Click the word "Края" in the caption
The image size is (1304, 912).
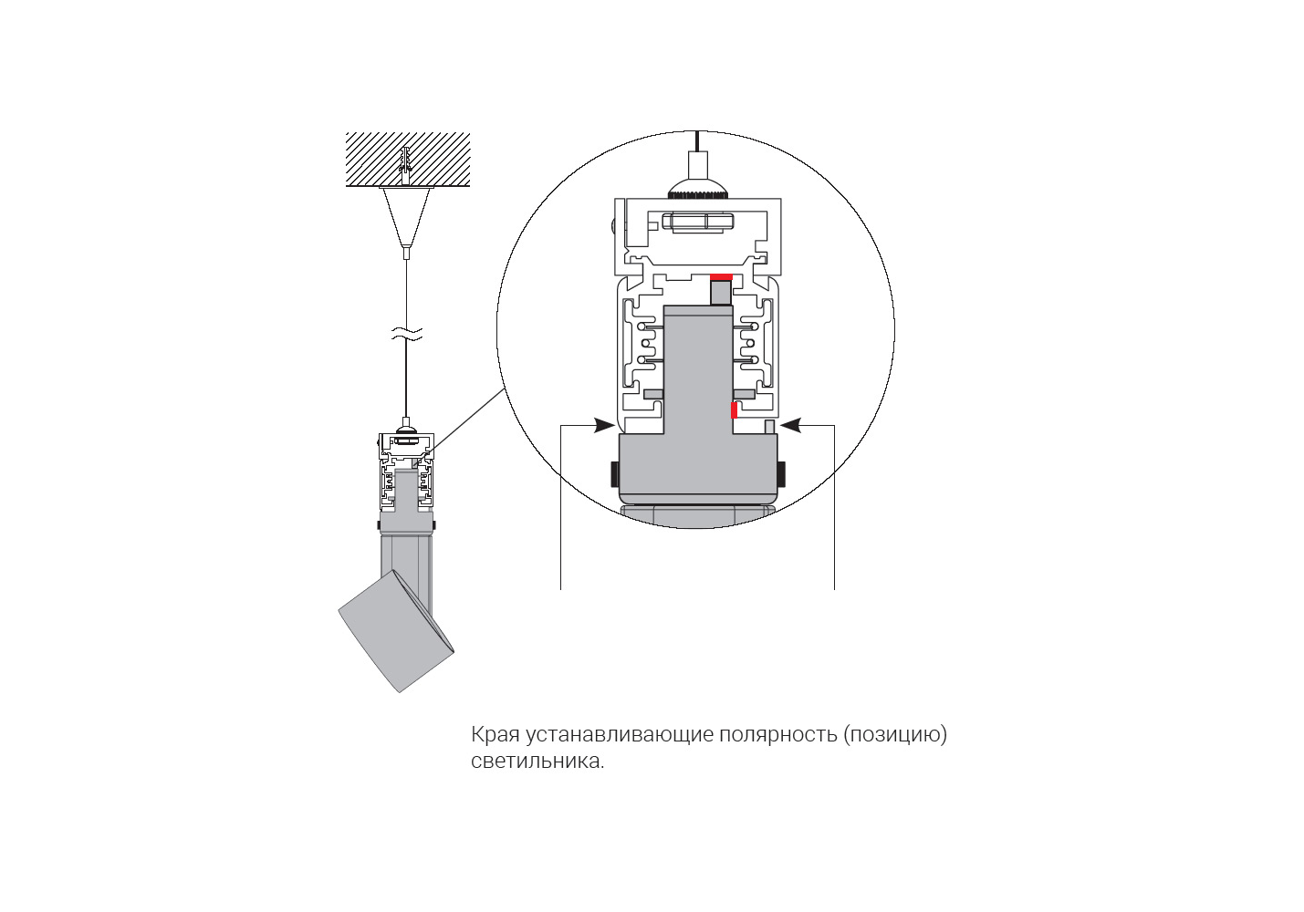(x=495, y=735)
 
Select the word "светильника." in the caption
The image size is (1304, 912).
(x=537, y=762)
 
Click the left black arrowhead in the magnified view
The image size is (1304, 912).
(x=603, y=425)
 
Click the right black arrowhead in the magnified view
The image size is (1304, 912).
(x=790, y=425)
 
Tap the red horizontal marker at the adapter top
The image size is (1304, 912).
(x=721, y=276)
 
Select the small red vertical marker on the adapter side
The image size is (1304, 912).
(x=734, y=410)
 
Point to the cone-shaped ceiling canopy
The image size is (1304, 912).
(x=407, y=215)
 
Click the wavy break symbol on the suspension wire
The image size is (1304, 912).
(x=407, y=335)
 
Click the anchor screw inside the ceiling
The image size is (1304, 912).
(x=407, y=162)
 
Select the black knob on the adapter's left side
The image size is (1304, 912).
(x=614, y=474)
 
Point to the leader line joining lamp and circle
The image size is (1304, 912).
(x=467, y=419)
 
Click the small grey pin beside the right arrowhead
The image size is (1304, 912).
(x=769, y=427)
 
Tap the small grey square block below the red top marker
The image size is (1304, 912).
(x=721, y=293)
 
